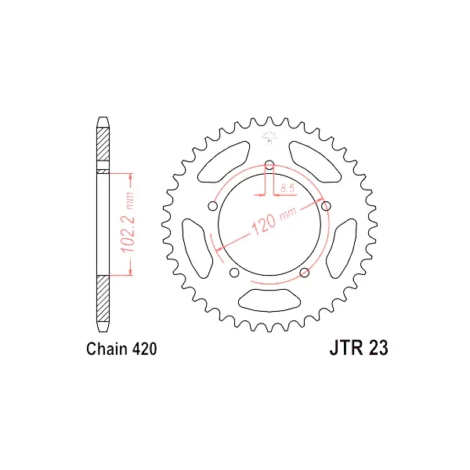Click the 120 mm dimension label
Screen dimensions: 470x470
[273, 220]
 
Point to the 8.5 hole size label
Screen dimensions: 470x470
[287, 188]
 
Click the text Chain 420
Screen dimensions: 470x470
[121, 349]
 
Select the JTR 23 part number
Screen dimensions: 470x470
[359, 348]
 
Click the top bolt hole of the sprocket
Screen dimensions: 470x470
[269, 164]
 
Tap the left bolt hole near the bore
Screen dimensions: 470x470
[212, 206]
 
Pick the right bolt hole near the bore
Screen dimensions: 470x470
[326, 206]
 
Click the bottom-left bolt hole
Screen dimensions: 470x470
[234, 273]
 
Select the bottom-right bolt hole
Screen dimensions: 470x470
[305, 273]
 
